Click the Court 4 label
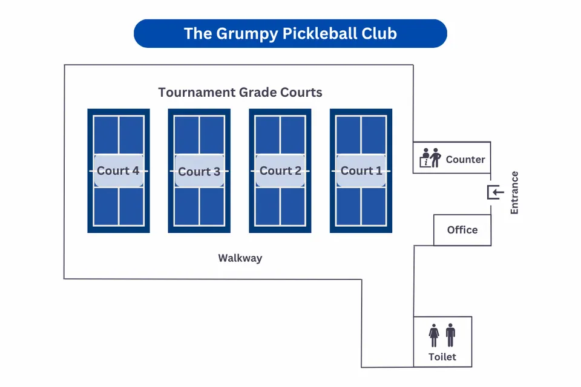pos(118,171)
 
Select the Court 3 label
pos(199,171)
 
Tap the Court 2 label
pos(280,171)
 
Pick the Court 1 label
pos(361,171)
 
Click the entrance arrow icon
pos(496,193)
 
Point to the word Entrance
pos(514,193)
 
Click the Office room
pos(462,230)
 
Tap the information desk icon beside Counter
pos(430,158)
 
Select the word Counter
pos(465,160)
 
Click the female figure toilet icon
pos(434,335)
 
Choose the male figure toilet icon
pos(450,335)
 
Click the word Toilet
pos(442,357)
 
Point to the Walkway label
pos(240,258)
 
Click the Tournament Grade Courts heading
pos(240,93)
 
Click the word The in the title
pos(198,33)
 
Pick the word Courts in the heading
pos(301,93)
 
